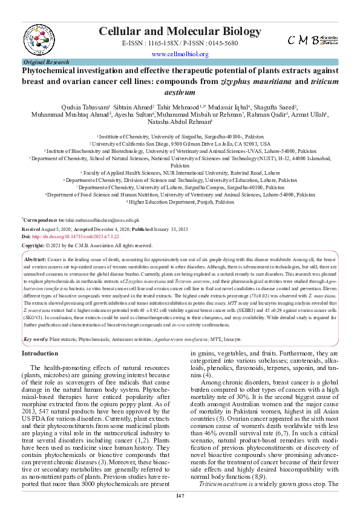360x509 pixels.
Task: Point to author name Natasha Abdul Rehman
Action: click(180, 122)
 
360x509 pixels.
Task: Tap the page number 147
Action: click(180, 496)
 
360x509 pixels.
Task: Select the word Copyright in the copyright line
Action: click(33, 246)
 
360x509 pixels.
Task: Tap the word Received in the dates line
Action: click(33, 230)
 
